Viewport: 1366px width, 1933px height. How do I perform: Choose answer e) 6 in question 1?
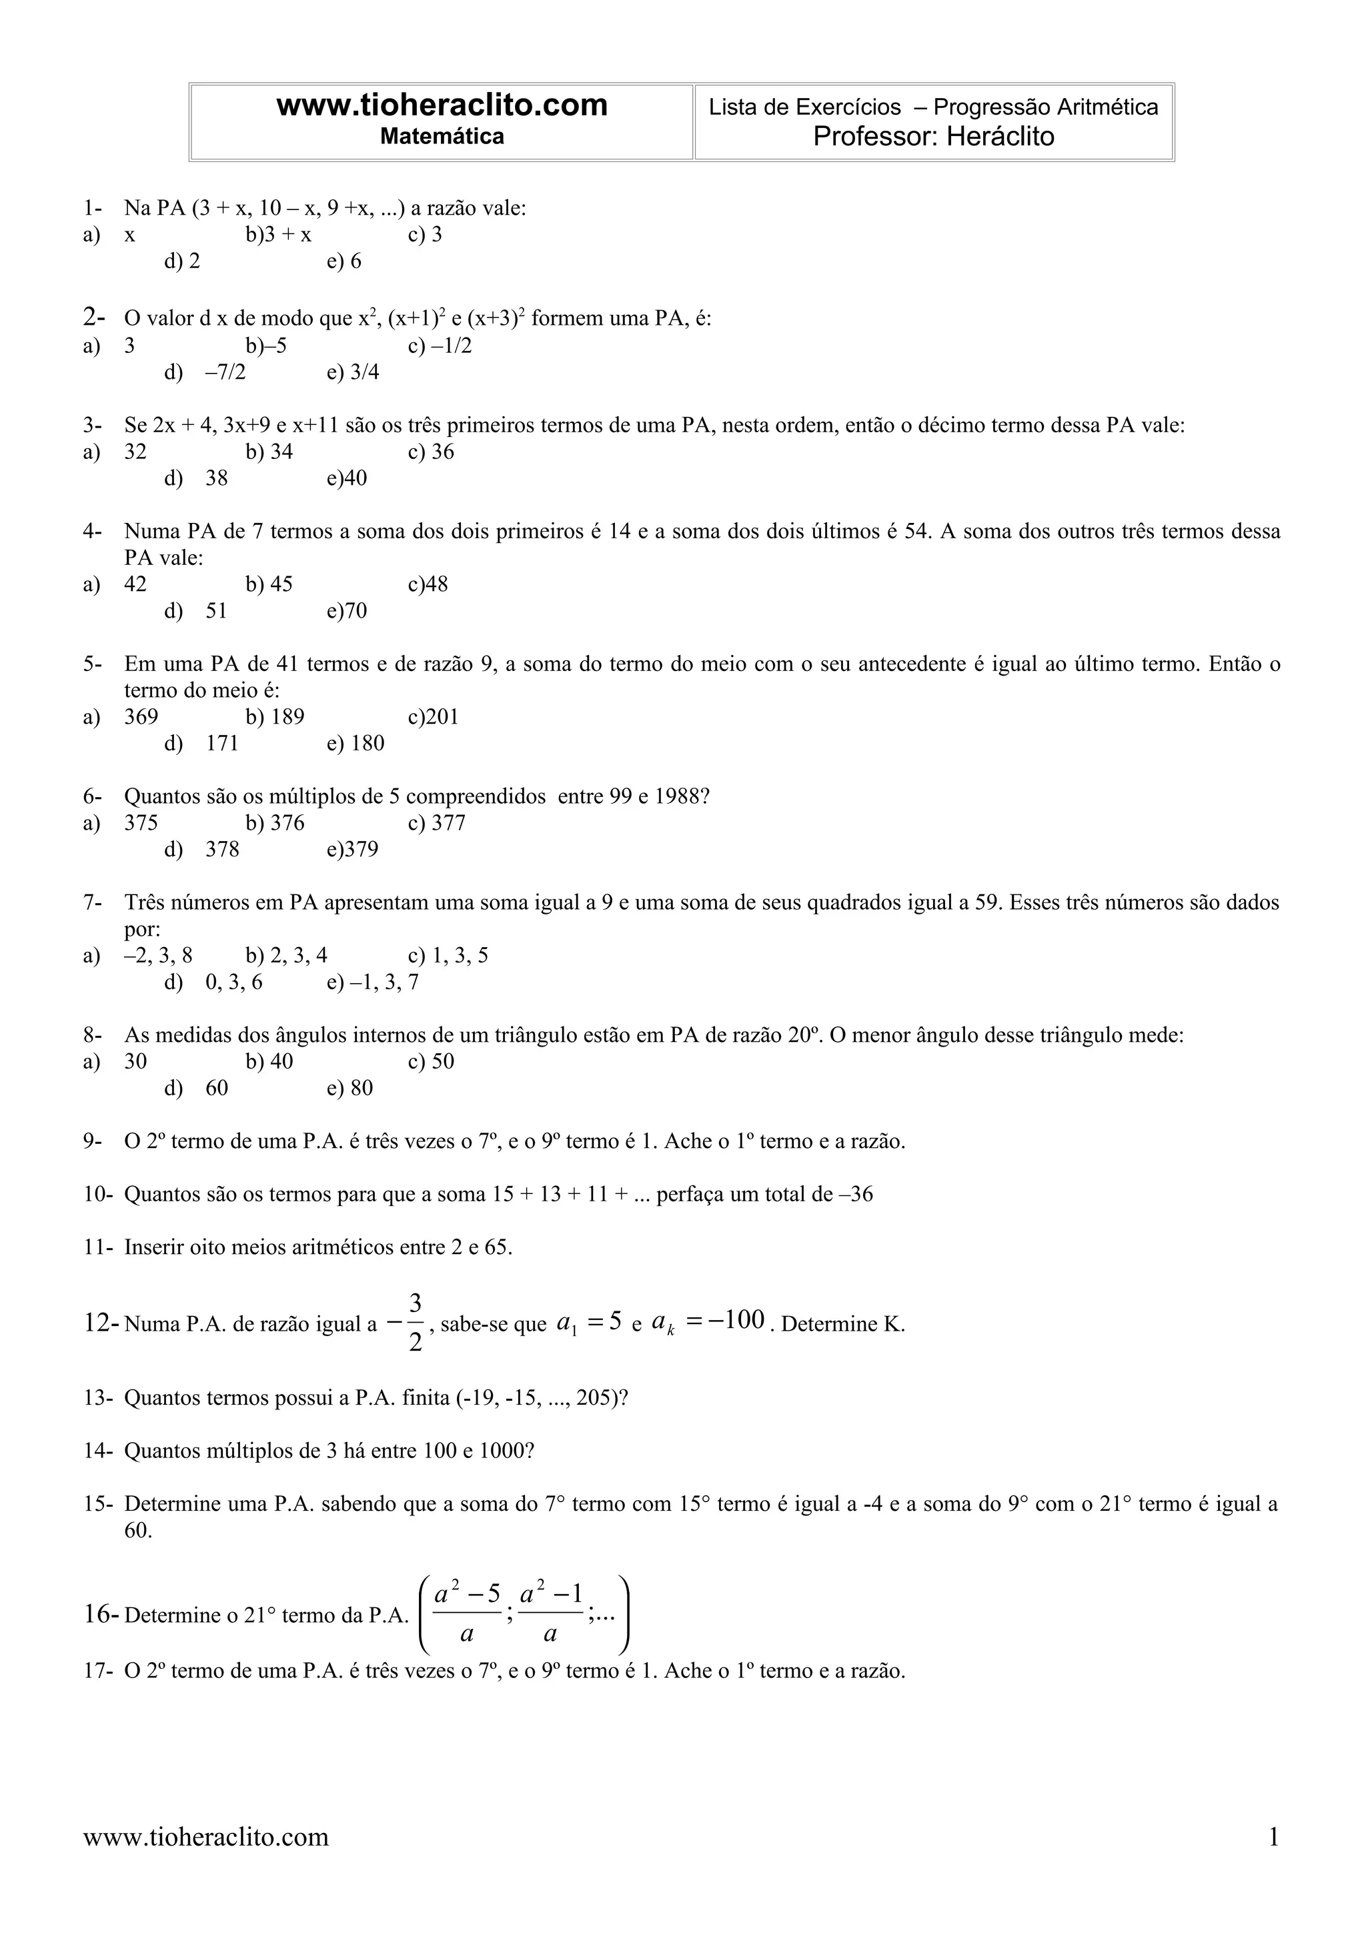tap(344, 262)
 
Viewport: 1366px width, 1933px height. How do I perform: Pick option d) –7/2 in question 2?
tap(205, 372)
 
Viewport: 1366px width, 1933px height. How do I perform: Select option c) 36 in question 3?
tap(431, 452)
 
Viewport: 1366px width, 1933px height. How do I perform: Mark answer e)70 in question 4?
tap(347, 611)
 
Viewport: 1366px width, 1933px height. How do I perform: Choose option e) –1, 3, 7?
tap(373, 983)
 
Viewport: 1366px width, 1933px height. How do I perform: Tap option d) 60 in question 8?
tap(197, 1089)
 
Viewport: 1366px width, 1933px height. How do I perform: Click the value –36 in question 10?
tap(856, 1195)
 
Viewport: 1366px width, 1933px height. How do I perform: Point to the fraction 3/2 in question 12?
tap(415, 1323)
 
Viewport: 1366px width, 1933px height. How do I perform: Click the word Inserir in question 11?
tap(154, 1248)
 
